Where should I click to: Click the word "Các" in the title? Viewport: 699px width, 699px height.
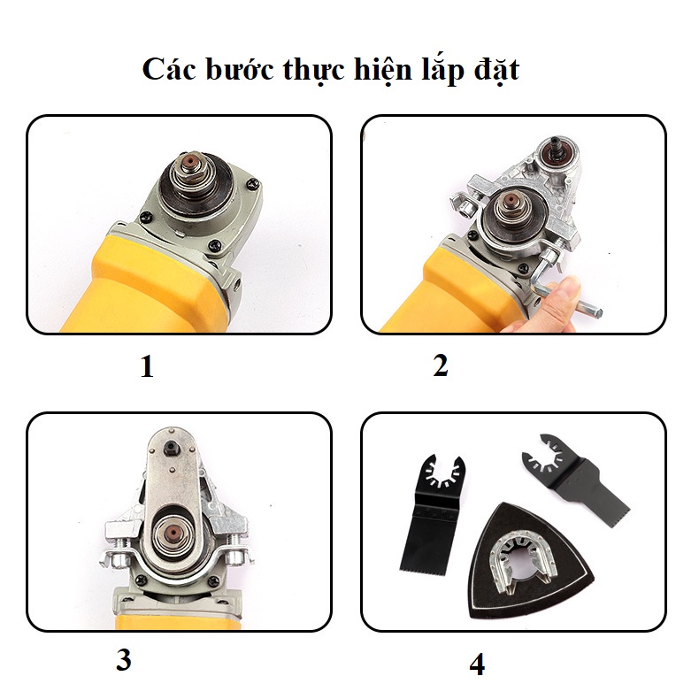tap(168, 69)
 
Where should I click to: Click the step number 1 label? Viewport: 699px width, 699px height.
tap(147, 366)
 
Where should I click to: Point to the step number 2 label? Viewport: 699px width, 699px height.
tap(441, 365)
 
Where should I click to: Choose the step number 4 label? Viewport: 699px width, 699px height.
tap(477, 664)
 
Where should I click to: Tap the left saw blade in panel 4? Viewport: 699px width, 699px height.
tap(428, 513)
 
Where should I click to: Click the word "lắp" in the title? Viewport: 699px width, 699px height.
tap(436, 71)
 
